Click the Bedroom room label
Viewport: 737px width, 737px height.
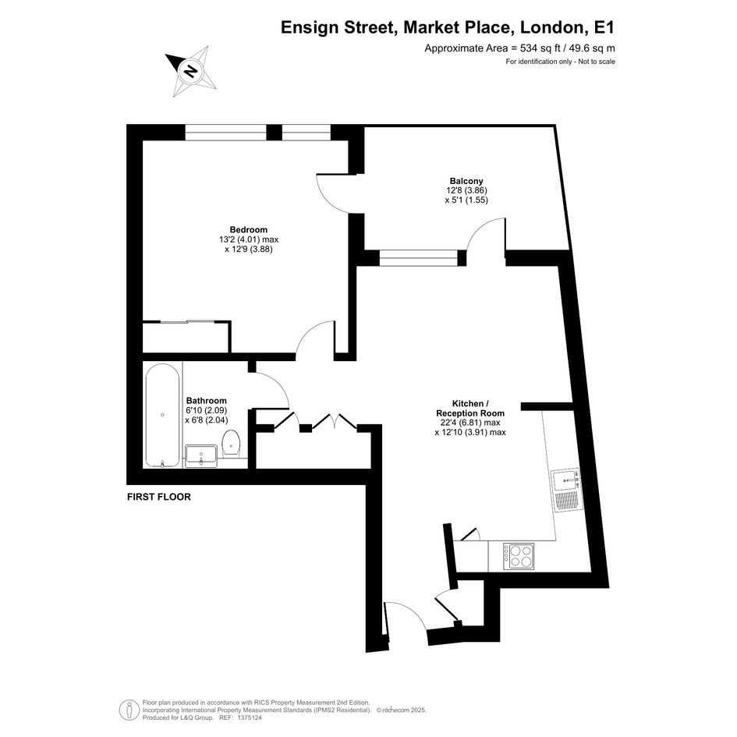[249, 230]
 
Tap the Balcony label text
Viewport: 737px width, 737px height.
[466, 181]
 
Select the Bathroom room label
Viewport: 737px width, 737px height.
[207, 401]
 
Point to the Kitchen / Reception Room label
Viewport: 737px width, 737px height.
[470, 409]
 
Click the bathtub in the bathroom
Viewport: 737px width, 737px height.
[162, 416]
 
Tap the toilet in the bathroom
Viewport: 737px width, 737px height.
[231, 443]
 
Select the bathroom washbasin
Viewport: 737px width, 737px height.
[201, 455]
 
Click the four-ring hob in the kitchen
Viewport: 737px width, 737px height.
[519, 557]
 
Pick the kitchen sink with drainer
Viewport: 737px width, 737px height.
[567, 491]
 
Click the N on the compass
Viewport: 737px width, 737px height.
[190, 72]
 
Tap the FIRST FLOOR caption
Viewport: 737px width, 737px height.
[159, 497]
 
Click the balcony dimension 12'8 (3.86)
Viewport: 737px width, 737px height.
[466, 190]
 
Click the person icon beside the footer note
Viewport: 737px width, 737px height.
[129, 710]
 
